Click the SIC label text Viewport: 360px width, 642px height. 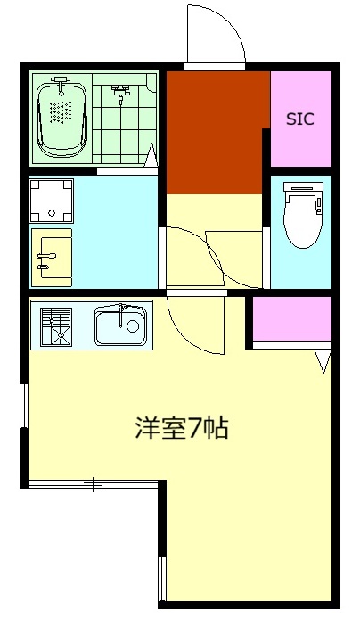[300, 119]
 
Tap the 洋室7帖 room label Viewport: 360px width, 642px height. [182, 428]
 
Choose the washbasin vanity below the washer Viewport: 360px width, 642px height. [52, 258]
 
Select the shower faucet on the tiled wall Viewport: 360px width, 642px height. [120, 89]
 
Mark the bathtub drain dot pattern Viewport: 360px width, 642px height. [61, 111]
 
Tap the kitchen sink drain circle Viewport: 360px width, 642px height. [133, 325]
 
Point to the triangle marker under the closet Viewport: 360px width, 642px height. [323, 360]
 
